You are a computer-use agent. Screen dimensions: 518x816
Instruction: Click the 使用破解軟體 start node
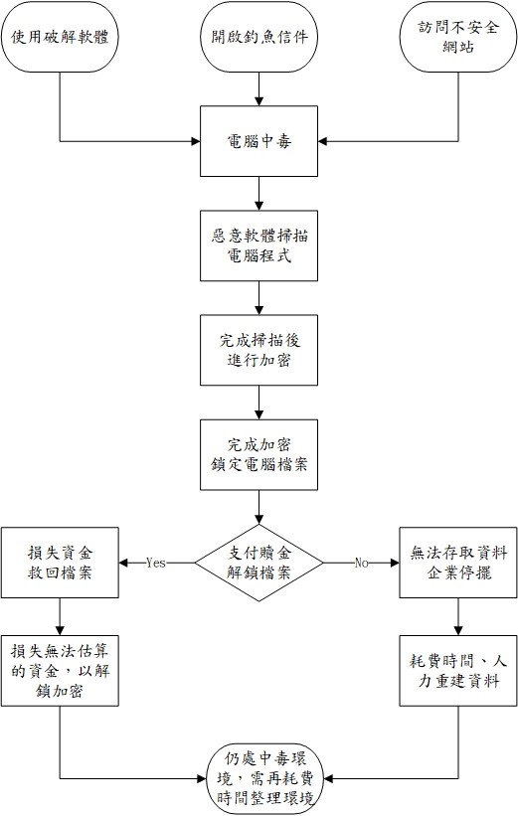60,37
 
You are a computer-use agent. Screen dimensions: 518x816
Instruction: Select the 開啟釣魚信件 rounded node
259,37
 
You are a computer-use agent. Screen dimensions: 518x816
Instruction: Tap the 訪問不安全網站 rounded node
458,37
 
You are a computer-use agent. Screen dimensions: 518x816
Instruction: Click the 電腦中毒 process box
259,141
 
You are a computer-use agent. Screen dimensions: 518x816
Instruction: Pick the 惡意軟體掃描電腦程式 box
259,245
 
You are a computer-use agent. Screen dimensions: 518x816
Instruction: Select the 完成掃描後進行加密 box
259,350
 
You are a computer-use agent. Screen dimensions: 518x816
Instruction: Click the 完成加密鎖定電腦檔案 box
259,454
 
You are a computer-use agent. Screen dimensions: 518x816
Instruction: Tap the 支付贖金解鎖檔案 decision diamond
259,563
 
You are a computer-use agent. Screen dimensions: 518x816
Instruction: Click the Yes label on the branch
156,563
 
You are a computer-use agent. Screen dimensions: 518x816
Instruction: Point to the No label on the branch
361,563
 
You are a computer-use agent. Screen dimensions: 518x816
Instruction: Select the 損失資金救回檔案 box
60,563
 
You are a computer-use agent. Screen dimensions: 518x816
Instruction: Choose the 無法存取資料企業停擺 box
458,563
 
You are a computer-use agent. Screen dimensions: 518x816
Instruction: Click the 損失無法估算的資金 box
60,671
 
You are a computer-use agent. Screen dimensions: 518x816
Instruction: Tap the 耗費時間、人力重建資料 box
458,671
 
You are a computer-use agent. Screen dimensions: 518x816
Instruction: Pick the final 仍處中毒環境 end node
265,779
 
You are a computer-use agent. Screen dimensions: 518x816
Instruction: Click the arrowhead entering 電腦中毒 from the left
196,141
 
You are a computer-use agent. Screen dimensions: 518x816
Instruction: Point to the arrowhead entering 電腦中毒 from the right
322,141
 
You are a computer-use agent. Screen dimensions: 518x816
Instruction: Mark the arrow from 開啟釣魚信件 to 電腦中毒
259,89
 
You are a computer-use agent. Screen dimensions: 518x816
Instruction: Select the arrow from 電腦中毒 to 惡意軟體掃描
259,194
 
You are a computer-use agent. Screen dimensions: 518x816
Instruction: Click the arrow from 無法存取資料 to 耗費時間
458,616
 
